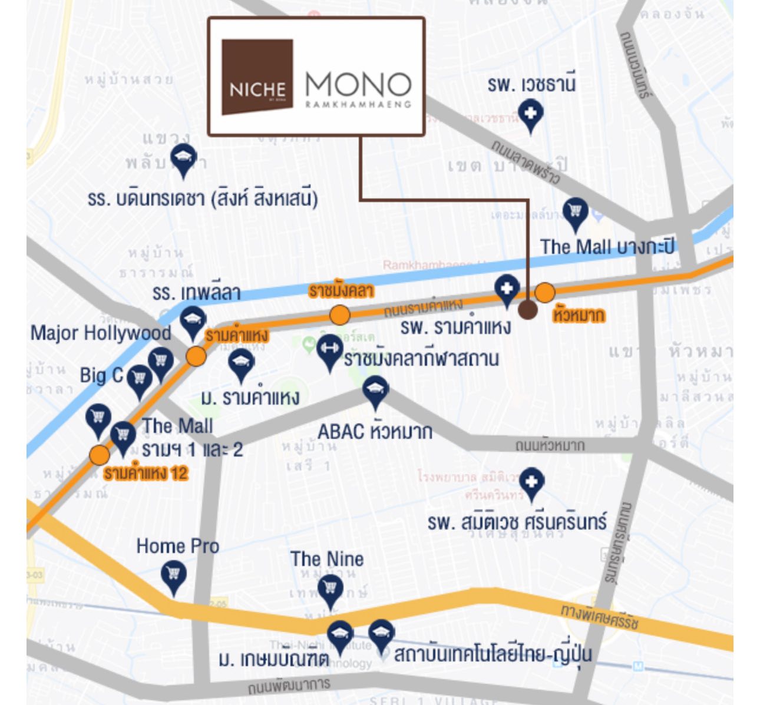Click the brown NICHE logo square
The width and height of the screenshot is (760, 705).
[x=257, y=77]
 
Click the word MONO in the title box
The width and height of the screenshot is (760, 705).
[x=358, y=85]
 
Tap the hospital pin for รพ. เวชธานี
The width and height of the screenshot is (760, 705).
[x=530, y=114]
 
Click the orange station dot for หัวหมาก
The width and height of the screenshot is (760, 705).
[x=545, y=292]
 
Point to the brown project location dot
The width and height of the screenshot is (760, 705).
[x=527, y=310]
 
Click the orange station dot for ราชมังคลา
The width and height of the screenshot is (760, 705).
[x=339, y=315]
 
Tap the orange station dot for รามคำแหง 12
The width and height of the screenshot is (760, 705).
[x=99, y=455]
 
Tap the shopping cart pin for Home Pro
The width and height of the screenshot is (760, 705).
[x=173, y=574]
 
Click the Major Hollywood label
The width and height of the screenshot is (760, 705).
[x=101, y=333]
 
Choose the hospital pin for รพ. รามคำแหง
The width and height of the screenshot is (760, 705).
[x=505, y=290]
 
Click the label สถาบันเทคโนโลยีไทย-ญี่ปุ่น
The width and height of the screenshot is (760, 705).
[x=493, y=654]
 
